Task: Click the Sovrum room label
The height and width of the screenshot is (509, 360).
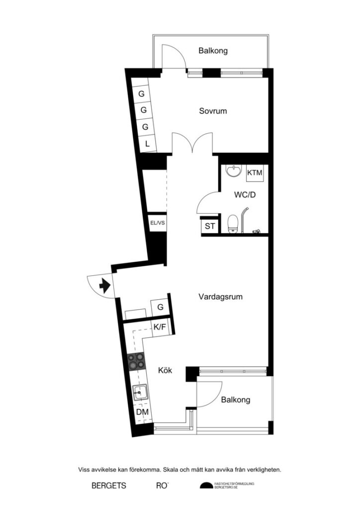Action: [x=213, y=111]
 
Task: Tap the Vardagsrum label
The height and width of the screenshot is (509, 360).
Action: [x=220, y=297]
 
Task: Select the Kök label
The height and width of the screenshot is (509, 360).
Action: [x=165, y=370]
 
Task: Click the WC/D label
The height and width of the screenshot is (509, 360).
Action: [x=245, y=195]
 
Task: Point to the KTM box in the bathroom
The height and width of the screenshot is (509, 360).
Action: [x=255, y=173]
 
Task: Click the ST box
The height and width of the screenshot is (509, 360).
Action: [x=209, y=226]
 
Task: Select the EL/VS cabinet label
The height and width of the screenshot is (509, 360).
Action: [x=157, y=223]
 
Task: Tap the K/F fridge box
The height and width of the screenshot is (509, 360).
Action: [x=160, y=327]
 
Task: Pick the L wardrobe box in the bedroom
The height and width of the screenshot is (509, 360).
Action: [x=147, y=144]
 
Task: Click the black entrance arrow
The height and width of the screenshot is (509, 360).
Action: [x=104, y=286]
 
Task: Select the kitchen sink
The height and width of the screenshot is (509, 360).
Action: [x=140, y=393]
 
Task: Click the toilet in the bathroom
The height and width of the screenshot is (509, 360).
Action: [x=232, y=223]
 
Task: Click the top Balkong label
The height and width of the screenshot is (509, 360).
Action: [x=213, y=50]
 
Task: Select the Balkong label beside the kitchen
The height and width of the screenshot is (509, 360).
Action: [x=236, y=400]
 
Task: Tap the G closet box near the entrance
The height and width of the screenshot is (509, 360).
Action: [x=160, y=307]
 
